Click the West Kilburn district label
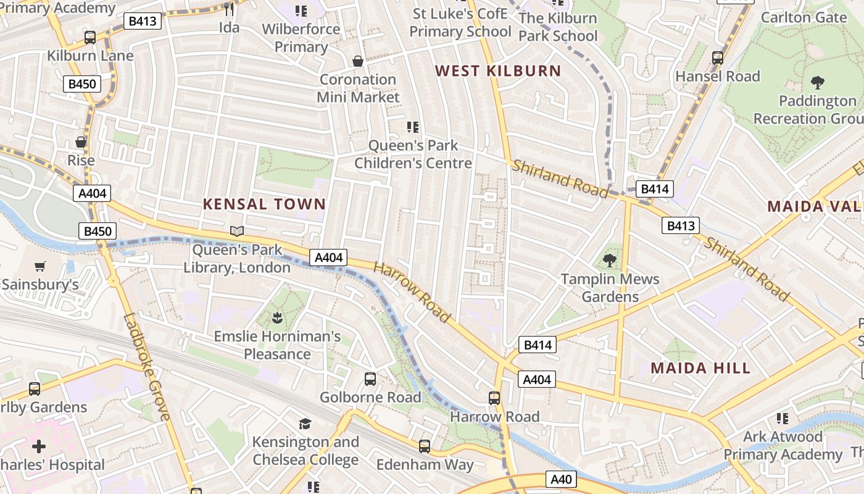[498, 70]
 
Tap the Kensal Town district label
[264, 204]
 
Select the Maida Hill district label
[700, 368]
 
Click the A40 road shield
[561, 479]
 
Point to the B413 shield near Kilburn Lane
[143, 22]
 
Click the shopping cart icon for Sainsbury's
[40, 266]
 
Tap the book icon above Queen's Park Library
[237, 232]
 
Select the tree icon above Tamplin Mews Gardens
[610, 261]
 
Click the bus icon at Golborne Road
[370, 379]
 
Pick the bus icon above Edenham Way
[425, 446]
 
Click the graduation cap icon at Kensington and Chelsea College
[305, 424]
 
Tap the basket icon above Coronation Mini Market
[357, 61]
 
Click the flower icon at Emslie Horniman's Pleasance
[277, 318]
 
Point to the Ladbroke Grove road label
[146, 367]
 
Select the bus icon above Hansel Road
[717, 57]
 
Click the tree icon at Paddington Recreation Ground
[818, 82]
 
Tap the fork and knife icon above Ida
[229, 9]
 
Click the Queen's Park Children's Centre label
[413, 154]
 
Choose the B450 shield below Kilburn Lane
[81, 84]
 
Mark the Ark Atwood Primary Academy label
[783, 446]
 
